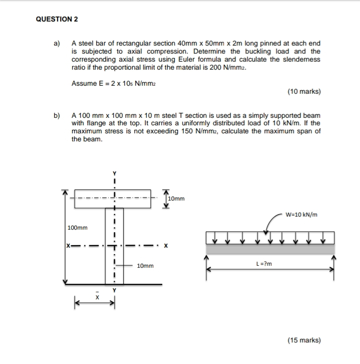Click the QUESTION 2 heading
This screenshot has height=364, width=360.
point(57,20)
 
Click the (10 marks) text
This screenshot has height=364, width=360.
point(304,92)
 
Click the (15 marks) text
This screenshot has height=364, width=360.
point(304,340)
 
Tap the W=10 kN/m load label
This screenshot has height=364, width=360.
point(301,215)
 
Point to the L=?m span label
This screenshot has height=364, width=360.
point(263,263)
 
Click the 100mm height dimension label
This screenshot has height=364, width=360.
point(78,228)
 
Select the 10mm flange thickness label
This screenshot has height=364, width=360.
point(176,199)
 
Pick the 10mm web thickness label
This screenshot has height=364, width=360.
point(145,266)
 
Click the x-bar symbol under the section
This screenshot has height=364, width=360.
point(98,296)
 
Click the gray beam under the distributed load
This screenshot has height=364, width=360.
point(271,249)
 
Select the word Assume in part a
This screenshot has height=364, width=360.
point(84,83)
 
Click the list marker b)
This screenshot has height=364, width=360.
point(57,115)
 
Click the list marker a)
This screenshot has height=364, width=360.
point(57,44)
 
